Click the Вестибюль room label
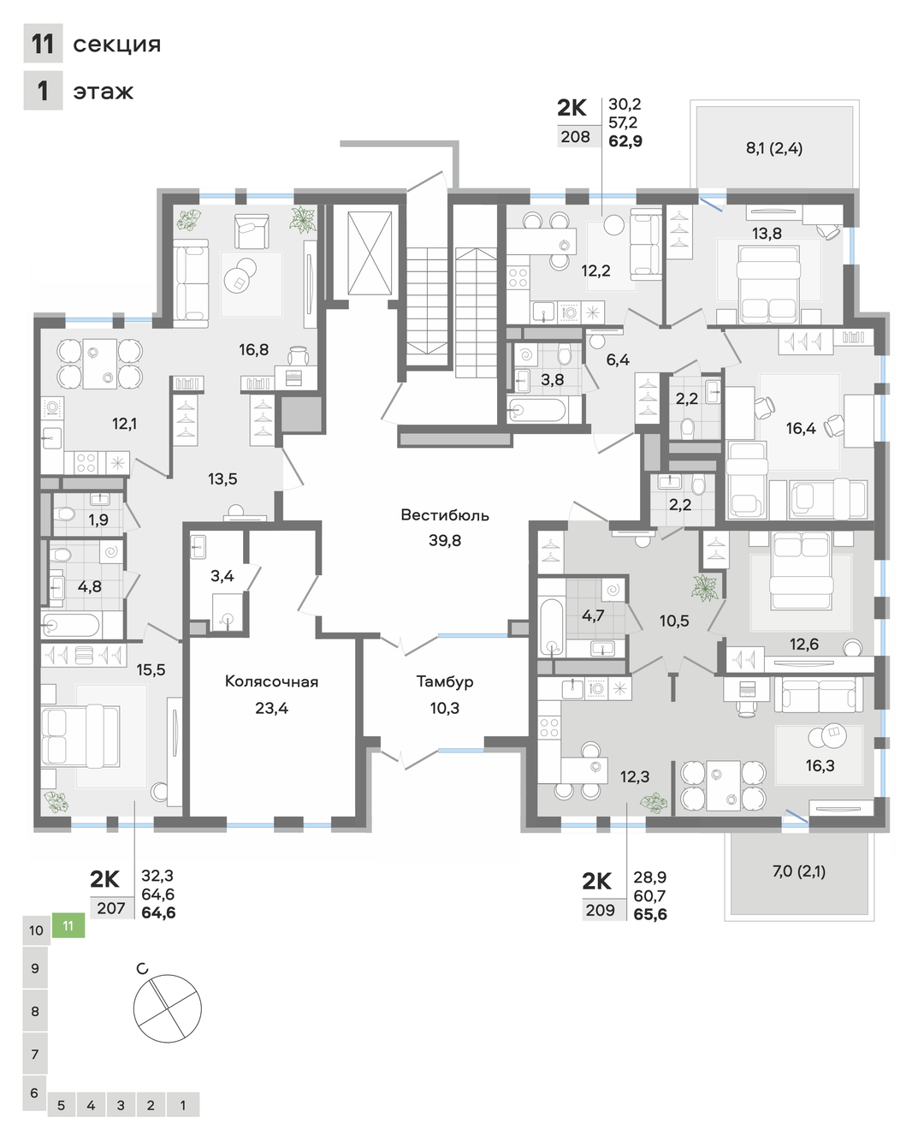coord(444,515)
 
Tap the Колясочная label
coord(271,681)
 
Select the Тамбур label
coord(445,682)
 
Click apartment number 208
coord(576,137)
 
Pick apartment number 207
coord(111,908)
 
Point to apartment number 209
coord(600,910)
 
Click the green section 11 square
coord(68,925)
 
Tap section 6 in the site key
coord(35,1093)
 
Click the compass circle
coord(168,1008)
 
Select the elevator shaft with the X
coord(370,253)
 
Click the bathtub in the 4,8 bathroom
coord(71,625)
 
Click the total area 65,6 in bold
coord(650,914)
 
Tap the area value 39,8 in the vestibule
coord(444,540)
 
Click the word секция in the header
coord(116,45)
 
